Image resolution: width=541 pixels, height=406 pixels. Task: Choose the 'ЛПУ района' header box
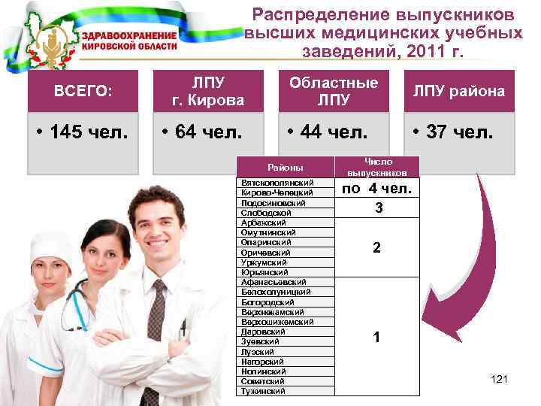pyautogui.click(x=458, y=91)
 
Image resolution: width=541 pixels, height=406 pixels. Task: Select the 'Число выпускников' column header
pyautogui.click(x=378, y=167)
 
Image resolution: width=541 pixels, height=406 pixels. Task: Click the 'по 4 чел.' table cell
pyautogui.click(x=377, y=188)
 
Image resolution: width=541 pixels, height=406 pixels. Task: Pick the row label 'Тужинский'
pyautogui.click(x=263, y=391)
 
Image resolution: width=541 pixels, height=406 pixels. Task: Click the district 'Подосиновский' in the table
pyautogui.click(x=273, y=204)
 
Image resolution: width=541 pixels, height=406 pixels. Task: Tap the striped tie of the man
pyautogui.click(x=156, y=317)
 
